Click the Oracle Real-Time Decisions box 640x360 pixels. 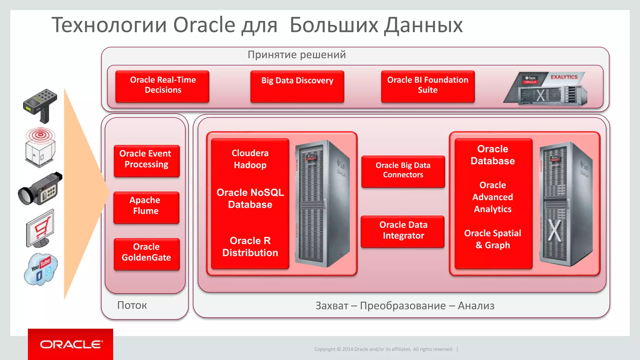[162, 86]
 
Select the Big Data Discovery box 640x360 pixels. [297, 86]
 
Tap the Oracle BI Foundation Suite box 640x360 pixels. [428, 86]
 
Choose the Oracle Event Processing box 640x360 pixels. [147, 161]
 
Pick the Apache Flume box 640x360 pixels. [146, 207]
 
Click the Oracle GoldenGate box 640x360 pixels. [147, 254]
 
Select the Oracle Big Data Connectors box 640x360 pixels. [403, 171]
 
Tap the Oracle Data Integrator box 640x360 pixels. [403, 231]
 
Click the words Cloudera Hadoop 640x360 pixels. [250, 159]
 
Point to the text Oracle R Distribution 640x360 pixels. [250, 247]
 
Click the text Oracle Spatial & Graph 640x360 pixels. [492, 239]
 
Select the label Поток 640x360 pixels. [132, 305]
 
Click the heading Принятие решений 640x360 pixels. [297, 55]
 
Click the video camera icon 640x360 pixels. [40, 188]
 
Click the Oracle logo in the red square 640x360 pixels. [71, 344]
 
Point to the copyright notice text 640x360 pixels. [383, 349]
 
